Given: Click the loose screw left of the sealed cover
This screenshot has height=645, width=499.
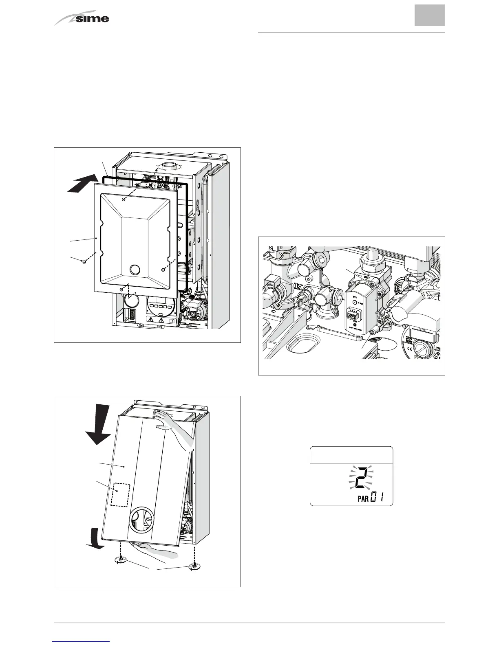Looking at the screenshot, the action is [83, 261].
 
